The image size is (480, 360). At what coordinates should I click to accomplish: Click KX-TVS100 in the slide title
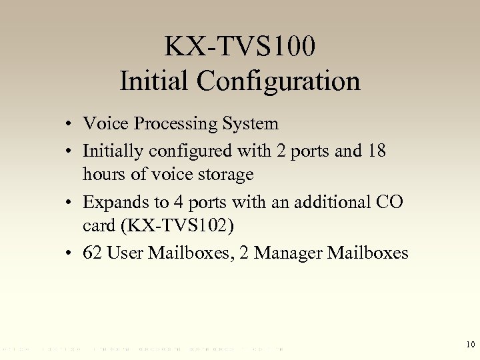(x=240, y=47)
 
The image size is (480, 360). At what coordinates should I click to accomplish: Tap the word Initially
(x=113, y=151)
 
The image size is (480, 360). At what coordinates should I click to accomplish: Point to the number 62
(x=92, y=253)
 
